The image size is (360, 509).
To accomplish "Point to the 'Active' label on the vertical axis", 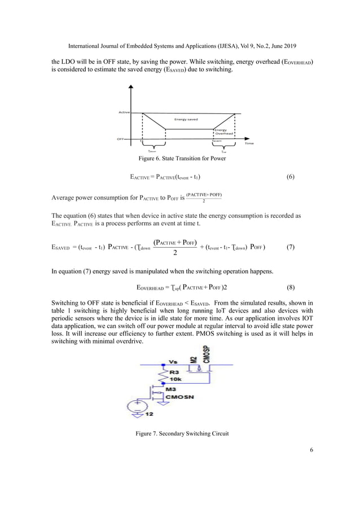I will [124, 112].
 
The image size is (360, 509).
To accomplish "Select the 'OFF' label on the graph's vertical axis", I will [121, 138].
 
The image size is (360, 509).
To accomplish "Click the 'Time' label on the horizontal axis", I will [249, 143].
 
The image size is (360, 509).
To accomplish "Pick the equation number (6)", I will [291, 177].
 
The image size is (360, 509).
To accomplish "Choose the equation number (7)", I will [291, 247].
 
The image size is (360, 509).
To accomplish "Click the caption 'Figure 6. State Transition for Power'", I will [179, 159].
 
